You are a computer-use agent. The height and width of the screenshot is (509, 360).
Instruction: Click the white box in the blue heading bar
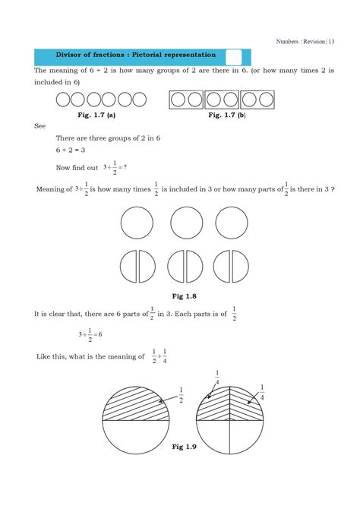coord(233,57)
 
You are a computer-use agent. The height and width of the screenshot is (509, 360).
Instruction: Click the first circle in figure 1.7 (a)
coord(63,100)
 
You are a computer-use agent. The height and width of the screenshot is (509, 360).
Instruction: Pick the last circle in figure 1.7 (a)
coord(139,100)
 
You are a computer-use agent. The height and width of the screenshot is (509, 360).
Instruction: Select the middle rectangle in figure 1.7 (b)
coord(222,100)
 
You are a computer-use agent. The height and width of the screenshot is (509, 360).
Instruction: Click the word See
coord(40,126)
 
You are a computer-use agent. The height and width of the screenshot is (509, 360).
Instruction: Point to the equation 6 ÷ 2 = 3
coord(70,150)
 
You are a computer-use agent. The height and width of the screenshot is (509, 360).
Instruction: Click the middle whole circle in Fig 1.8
coord(186,223)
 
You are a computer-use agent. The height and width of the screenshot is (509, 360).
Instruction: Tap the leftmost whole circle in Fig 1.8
coord(137,223)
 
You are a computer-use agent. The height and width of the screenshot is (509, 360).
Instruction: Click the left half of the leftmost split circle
coord(128,267)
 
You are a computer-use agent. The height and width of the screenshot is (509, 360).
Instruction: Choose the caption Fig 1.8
coord(185,296)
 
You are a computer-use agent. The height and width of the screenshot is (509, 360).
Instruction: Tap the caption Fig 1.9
coord(185,447)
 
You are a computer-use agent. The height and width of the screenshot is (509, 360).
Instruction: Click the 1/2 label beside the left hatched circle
coord(181,395)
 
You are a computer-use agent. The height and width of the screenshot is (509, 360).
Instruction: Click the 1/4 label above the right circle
coord(217,377)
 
